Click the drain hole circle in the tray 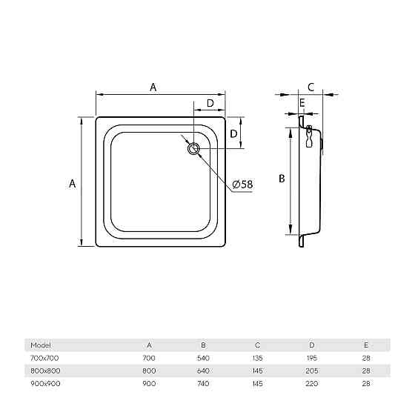(x=193, y=144)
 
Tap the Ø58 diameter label (x=242, y=185)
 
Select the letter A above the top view (x=153, y=87)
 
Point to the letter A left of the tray (x=73, y=184)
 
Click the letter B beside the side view (x=282, y=179)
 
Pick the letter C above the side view (x=311, y=87)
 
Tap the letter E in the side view (x=302, y=103)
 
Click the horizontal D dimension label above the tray (x=210, y=103)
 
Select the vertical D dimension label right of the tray (x=233, y=133)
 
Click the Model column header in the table (x=41, y=345)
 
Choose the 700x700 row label (x=44, y=358)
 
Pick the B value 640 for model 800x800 (x=203, y=371)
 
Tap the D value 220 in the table (x=312, y=384)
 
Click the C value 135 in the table (x=258, y=358)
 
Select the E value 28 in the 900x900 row (x=366, y=384)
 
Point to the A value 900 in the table (x=149, y=384)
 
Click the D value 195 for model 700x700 (x=312, y=358)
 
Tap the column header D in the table (x=312, y=345)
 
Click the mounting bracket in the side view (x=309, y=136)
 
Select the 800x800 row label (x=45, y=371)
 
